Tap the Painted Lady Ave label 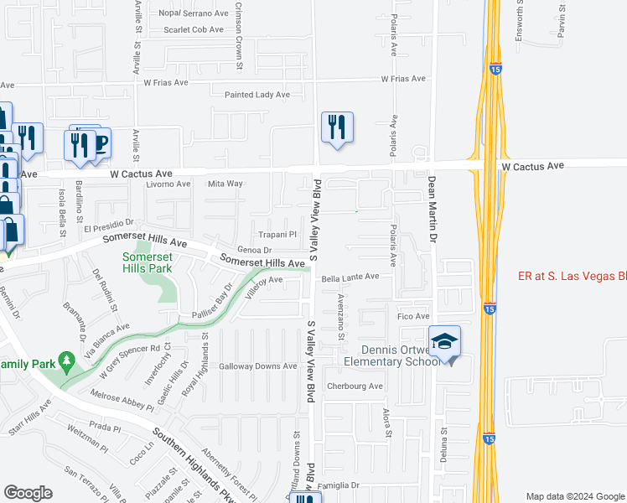click(x=257, y=95)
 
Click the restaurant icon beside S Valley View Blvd click(x=337, y=127)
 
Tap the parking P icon click(x=101, y=143)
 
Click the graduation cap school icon click(x=445, y=342)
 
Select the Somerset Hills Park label click(x=148, y=262)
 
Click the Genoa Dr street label click(x=255, y=250)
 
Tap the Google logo click(x=28, y=493)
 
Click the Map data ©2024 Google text click(x=575, y=496)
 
